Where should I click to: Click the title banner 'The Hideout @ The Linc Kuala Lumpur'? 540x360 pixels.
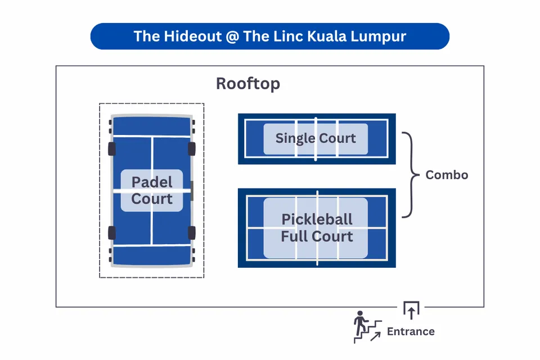270,36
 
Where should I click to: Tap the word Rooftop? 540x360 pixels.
248,84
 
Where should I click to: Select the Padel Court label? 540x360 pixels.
152,190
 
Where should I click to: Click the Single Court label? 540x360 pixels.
316,138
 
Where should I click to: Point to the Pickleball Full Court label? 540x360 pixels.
317,227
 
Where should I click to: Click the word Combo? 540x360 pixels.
447,174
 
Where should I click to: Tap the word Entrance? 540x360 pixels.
411,331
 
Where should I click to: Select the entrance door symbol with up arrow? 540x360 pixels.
411,309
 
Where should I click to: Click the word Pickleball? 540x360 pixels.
317,219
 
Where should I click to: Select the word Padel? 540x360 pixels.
152,182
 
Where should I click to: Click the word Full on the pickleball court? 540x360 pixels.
294,236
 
